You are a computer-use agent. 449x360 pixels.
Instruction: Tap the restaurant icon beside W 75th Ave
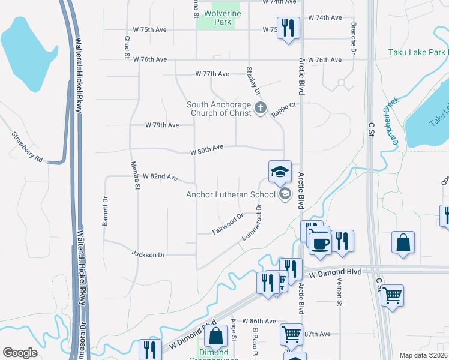pos(288,28)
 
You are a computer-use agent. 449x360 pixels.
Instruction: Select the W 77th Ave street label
pos(212,74)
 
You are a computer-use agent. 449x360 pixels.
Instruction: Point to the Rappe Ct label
pos(283,109)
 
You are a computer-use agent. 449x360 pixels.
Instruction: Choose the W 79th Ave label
pos(162,125)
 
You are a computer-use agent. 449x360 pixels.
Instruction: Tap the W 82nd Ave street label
pos(160,178)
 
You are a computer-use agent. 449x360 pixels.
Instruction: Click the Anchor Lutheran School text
pos(231,194)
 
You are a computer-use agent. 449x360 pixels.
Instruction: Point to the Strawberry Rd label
pos(27,147)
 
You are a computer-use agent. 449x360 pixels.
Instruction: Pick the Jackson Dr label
pos(148,254)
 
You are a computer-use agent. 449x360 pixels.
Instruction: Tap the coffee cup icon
pos(319,242)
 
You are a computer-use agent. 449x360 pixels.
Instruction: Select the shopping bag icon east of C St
pos(403,243)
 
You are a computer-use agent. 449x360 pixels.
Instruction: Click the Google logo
pos(20,353)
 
